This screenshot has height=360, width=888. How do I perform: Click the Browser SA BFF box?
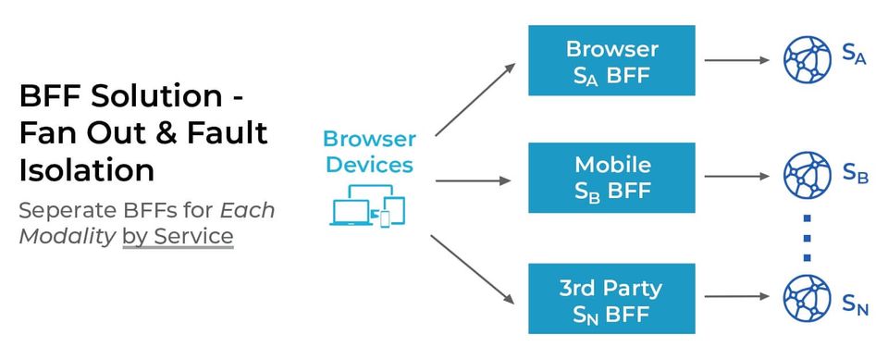click(611, 60)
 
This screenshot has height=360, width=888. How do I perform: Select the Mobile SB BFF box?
click(611, 178)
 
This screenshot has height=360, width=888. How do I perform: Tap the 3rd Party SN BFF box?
click(611, 298)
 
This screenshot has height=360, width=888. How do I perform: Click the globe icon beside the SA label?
click(807, 59)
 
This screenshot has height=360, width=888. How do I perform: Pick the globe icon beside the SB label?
click(807, 176)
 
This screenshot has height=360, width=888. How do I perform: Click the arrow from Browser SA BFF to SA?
click(737, 59)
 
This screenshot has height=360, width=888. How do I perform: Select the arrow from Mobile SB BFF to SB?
click(737, 177)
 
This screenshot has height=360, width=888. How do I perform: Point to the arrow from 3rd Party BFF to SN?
click(737, 296)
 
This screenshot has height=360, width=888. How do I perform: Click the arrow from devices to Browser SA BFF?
click(475, 100)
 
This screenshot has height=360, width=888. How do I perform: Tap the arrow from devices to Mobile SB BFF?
click(474, 180)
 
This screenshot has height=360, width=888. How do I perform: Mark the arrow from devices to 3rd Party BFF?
click(473, 270)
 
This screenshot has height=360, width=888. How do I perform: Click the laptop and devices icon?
click(368, 205)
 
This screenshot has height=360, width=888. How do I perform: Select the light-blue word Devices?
click(370, 165)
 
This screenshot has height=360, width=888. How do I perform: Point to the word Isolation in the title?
click(87, 169)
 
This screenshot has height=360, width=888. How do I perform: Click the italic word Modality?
click(67, 236)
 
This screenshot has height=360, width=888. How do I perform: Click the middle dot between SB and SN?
click(807, 238)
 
